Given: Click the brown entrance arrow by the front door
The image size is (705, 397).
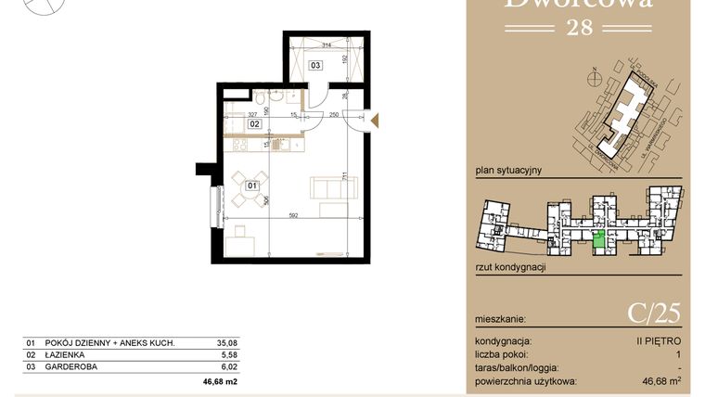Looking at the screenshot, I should coord(375,119).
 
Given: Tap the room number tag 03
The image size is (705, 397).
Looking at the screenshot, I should coord(315,66).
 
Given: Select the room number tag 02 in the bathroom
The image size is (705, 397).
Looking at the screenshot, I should coord(253,123).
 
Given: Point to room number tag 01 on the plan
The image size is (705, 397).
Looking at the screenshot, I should coord(251,186).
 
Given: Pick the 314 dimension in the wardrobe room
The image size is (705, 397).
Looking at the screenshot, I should coord(326,45).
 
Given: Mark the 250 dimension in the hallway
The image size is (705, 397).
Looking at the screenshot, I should coord(332,115).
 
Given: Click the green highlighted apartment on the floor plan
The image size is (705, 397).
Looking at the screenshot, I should coord(600,241).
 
